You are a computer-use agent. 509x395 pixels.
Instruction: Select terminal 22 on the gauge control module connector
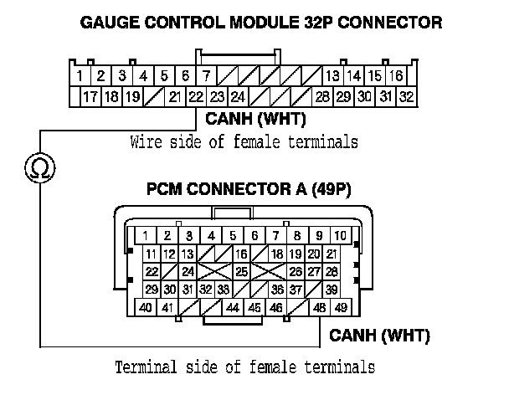[x=196, y=96]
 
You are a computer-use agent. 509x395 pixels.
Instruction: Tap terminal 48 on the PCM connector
[x=319, y=309]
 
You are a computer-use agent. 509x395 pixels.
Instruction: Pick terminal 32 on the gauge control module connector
[x=408, y=96]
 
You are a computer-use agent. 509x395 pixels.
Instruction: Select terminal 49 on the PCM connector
[x=341, y=309]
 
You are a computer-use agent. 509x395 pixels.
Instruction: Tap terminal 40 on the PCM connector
[x=145, y=309]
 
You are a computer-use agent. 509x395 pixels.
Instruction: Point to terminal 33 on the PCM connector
[x=224, y=290]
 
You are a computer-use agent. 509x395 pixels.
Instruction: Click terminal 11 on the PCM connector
[x=152, y=254]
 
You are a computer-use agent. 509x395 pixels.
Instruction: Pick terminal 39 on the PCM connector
[x=332, y=290]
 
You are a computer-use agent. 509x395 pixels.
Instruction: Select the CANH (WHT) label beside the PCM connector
[x=380, y=336]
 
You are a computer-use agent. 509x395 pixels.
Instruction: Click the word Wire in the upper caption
[x=145, y=141]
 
